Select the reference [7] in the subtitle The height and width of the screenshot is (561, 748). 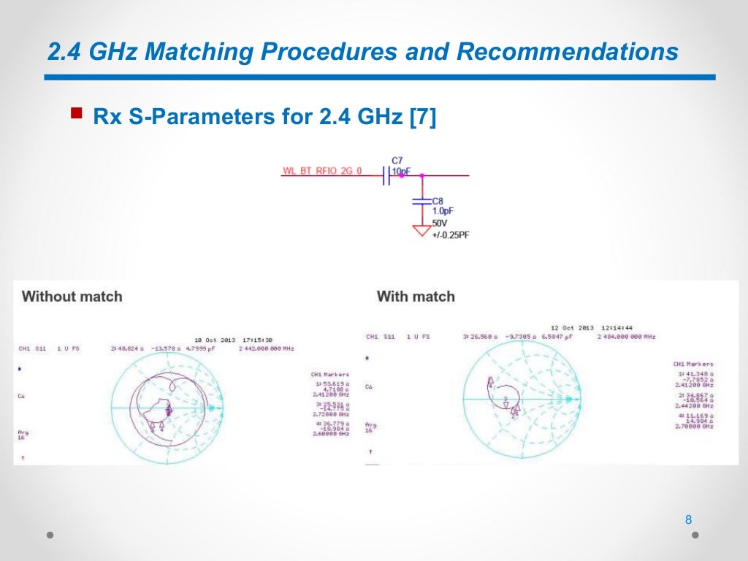(x=423, y=117)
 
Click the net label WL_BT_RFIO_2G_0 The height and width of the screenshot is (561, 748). (x=322, y=171)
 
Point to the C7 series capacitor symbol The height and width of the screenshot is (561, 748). (x=385, y=175)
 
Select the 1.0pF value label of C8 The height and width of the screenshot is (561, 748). (x=443, y=210)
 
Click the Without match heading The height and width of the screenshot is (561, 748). (x=72, y=297)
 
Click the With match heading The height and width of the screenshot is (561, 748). (x=416, y=297)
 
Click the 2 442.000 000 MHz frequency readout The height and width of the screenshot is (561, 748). (x=266, y=349)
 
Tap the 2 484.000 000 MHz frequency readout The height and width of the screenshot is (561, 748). (x=626, y=337)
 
